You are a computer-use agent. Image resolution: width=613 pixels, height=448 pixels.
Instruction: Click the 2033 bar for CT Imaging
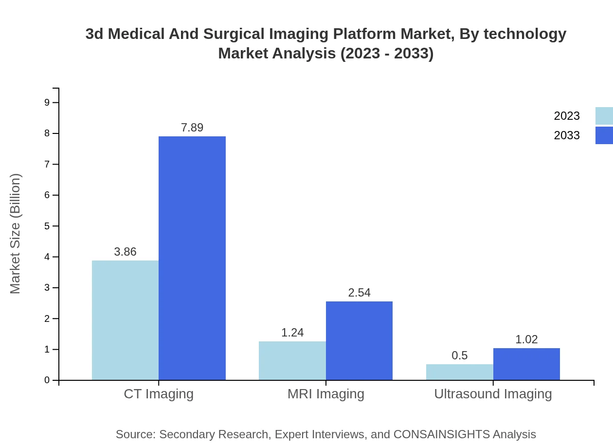(x=192, y=258)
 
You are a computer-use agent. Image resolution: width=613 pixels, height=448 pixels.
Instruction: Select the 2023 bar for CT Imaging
(x=125, y=320)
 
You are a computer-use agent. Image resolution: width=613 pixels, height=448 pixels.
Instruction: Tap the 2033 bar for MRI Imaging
(x=359, y=340)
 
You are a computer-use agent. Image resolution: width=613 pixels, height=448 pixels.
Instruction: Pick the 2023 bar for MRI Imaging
(x=292, y=360)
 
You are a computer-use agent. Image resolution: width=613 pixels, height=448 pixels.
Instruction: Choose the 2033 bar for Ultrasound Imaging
(x=526, y=364)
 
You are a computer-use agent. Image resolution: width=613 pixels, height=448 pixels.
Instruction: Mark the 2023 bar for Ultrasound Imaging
(x=459, y=372)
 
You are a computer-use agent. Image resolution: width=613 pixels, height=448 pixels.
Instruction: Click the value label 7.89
(x=192, y=128)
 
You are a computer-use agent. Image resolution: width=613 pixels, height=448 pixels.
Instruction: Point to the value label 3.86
(x=125, y=252)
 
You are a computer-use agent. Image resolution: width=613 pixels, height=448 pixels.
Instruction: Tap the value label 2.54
(x=359, y=293)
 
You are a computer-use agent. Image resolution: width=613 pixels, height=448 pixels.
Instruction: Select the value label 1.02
(x=526, y=339)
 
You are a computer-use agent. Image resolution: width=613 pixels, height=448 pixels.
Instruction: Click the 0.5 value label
(x=459, y=355)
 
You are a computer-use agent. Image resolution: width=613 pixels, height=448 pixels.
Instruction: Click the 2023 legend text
(x=567, y=116)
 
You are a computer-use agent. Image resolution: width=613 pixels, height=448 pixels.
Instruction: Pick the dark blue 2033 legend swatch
(x=604, y=135)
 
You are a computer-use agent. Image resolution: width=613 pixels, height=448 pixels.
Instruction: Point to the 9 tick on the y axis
(x=47, y=102)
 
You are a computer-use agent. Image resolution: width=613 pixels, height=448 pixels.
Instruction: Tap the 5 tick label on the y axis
(x=47, y=226)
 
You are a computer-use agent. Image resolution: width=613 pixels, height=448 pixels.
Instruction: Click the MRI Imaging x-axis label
(x=325, y=393)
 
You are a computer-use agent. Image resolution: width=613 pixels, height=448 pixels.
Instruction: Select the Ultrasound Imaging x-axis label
(x=493, y=393)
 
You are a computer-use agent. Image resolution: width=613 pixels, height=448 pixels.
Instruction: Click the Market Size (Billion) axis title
(x=16, y=234)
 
